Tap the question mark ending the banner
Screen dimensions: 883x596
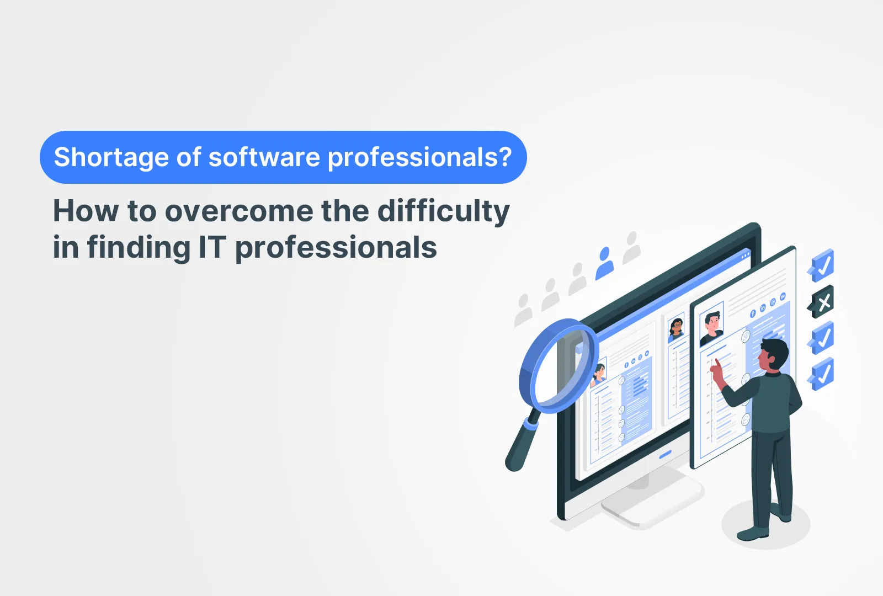coord(504,157)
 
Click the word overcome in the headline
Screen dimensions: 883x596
coord(240,212)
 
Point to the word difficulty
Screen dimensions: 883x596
coord(444,212)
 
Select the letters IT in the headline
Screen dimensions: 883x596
coord(212,247)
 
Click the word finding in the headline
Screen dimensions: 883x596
coord(139,248)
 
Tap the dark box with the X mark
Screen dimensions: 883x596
coord(822,301)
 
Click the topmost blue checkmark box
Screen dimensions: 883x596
coord(822,265)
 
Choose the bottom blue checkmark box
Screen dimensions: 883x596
coord(822,374)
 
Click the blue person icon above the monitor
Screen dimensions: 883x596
coord(604,263)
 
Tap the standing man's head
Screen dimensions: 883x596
coord(773,355)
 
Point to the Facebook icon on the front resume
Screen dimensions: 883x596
coord(753,314)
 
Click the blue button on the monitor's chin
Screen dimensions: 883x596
coord(666,455)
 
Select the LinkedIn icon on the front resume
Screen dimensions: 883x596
coord(763,308)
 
